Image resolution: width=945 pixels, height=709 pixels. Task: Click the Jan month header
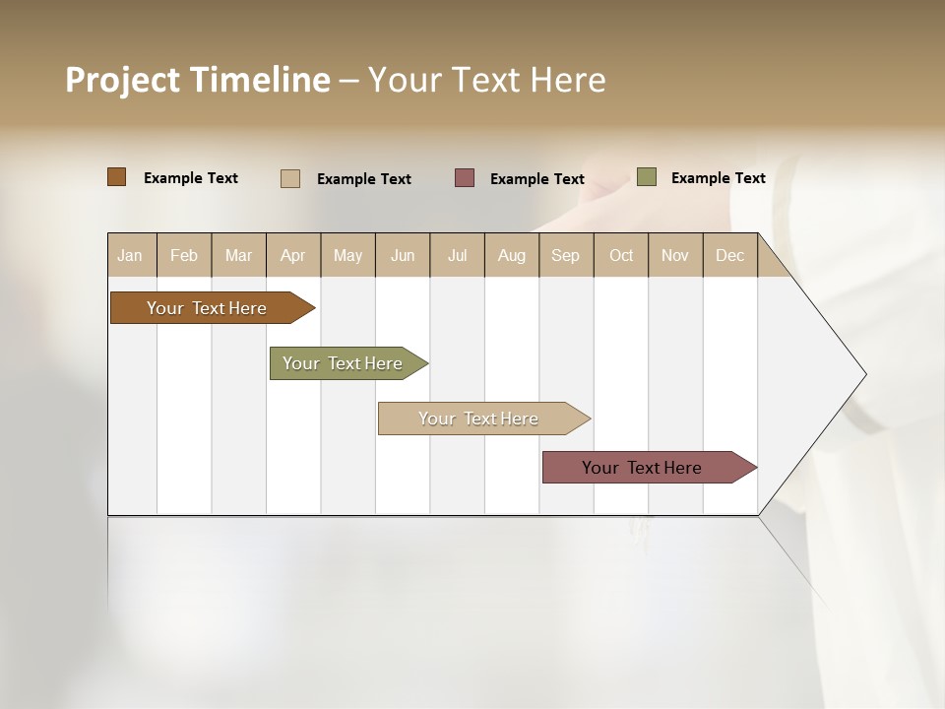pos(130,255)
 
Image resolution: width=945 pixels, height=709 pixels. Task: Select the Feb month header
pos(184,255)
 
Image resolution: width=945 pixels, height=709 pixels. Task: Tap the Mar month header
pos(238,255)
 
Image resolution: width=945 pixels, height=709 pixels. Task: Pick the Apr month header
pos(293,255)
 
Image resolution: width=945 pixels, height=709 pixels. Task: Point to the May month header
pos(347,255)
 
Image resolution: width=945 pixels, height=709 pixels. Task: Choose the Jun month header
pos(403,255)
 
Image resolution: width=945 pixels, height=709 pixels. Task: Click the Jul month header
pos(457,255)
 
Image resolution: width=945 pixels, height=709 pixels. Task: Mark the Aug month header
pos(512,255)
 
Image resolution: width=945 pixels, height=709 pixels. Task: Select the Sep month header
pos(566,255)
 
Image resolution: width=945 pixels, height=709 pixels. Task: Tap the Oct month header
pos(621,255)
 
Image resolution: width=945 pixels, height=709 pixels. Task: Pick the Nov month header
pos(675,255)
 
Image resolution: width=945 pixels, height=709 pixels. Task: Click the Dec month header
pos(729,255)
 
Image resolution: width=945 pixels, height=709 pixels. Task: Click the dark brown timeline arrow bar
pos(207,308)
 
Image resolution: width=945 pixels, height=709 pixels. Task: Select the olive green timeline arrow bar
pos(343,363)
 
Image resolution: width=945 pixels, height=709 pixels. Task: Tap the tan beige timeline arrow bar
pos(478,419)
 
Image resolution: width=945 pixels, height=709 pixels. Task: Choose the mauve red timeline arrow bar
pos(642,468)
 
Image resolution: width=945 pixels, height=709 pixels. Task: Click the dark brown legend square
pos(117,177)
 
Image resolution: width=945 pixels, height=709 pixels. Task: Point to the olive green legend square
pos(647,177)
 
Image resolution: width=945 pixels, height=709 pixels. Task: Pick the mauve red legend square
pos(465,177)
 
